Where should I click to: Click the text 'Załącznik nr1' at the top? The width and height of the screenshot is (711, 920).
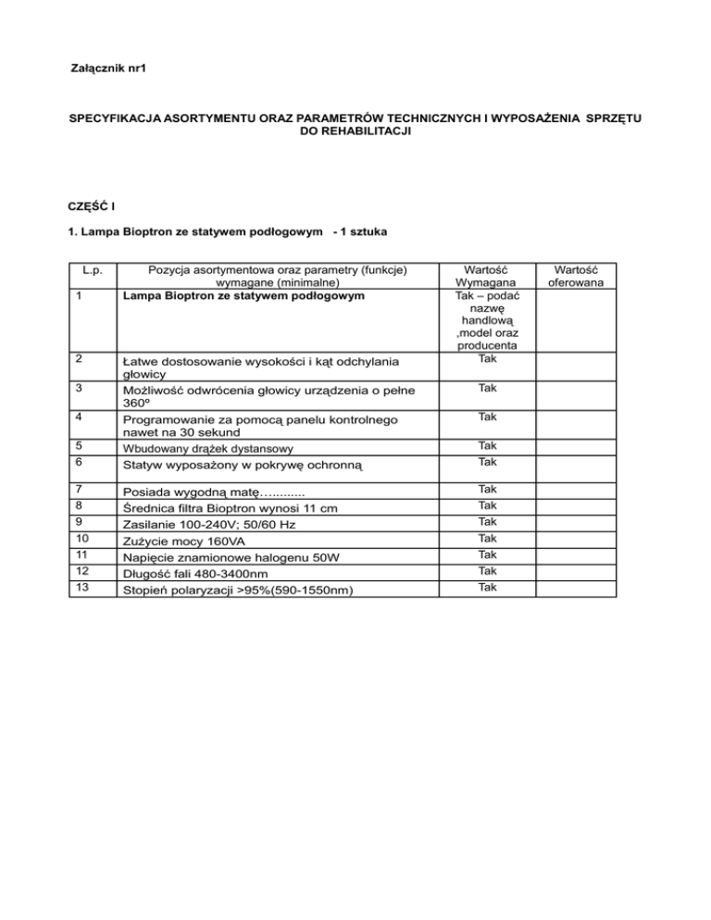[108, 69]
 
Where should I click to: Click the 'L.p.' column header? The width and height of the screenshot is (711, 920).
[90, 269]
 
